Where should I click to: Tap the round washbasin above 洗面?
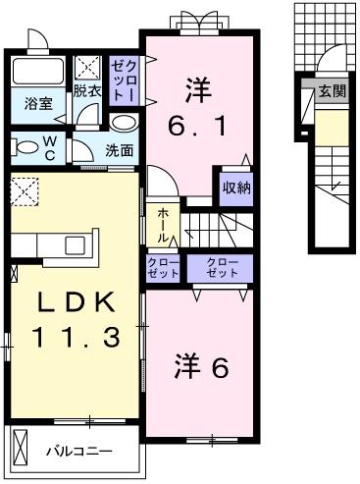coord(123,122)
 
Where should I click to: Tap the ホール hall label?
coord(162,224)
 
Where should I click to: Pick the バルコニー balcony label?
coord(78,452)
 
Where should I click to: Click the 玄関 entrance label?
coord(332,91)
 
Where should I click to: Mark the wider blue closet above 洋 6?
coord(221,268)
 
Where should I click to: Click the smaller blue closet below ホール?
coord(162,268)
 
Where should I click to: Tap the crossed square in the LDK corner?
coord(24,188)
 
